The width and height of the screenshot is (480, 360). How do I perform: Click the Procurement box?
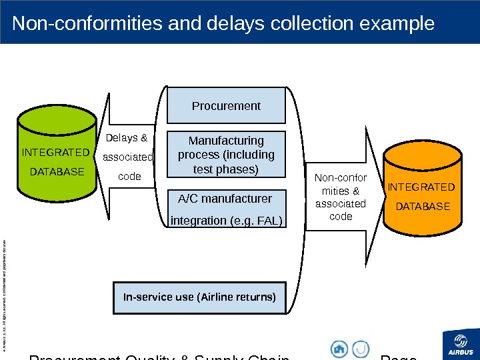point(226,106)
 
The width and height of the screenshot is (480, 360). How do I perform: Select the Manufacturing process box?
point(226,155)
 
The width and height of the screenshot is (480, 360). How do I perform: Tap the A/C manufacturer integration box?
point(226,209)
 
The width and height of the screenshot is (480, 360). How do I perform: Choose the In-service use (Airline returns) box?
point(199,297)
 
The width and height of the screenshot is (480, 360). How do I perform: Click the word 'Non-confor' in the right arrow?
point(340,178)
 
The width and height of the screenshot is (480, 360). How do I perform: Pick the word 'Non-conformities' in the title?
point(87,24)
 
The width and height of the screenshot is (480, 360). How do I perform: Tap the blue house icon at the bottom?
point(339,349)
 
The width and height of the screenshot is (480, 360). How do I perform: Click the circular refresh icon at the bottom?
point(361,349)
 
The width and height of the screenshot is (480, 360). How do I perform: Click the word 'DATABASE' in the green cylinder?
point(57,171)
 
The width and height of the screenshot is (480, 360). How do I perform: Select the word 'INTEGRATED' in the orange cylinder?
point(422,187)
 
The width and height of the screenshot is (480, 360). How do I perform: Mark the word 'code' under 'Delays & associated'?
point(129,177)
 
